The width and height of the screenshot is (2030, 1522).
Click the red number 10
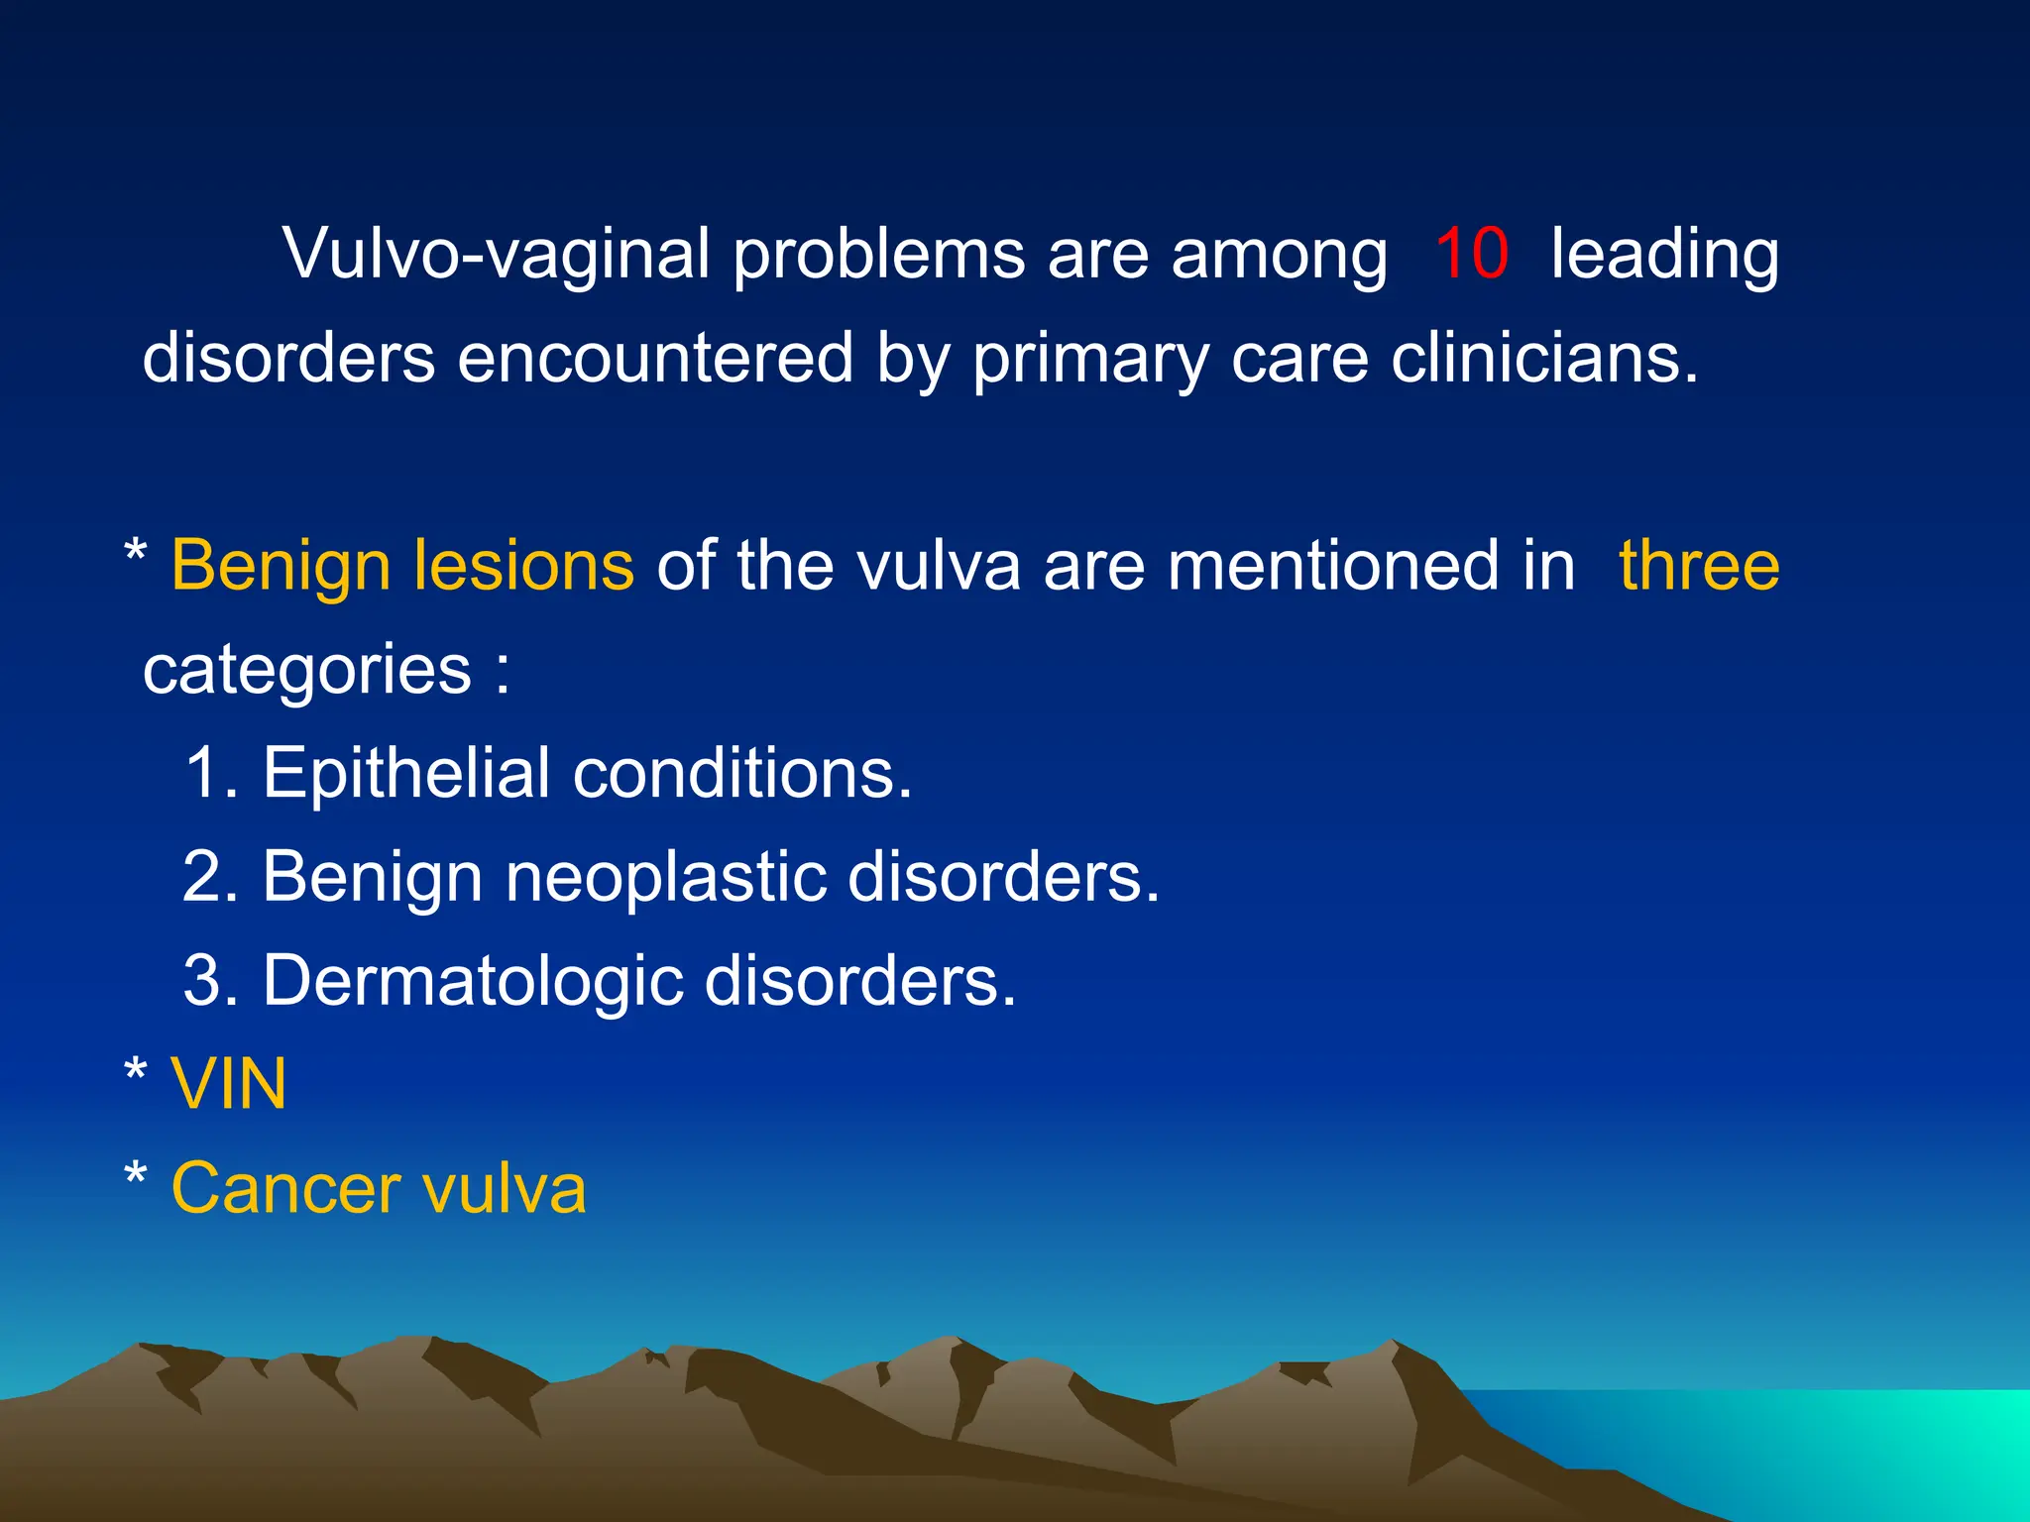pyautogui.click(x=1471, y=254)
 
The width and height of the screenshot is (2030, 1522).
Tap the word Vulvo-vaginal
pyautogui.click(x=497, y=256)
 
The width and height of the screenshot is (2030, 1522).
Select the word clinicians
pyautogui.click(x=1544, y=358)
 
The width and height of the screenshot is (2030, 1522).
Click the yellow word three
pyautogui.click(x=1699, y=566)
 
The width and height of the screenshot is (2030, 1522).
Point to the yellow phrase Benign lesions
pyautogui.click(x=402, y=568)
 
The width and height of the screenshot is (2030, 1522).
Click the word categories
pyautogui.click(x=307, y=672)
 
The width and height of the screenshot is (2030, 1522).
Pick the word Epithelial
pyautogui.click(x=405, y=774)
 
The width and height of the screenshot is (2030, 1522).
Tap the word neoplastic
pyautogui.click(x=665, y=878)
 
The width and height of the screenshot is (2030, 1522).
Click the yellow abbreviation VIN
pyautogui.click(x=229, y=1085)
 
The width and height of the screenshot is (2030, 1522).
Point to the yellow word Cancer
pyautogui.click(x=285, y=1188)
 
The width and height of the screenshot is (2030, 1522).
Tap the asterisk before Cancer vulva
pyautogui.click(x=136, y=1177)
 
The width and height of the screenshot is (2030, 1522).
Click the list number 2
pyautogui.click(x=207, y=877)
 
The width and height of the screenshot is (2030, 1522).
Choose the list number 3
pyautogui.click(x=207, y=981)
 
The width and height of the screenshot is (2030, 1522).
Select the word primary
pyautogui.click(x=1089, y=360)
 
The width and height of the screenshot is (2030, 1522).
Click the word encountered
pyautogui.click(x=655, y=358)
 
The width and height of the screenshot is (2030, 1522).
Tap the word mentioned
pyautogui.click(x=1371, y=566)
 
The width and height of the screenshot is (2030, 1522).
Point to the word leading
pyautogui.click(x=1664, y=256)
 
